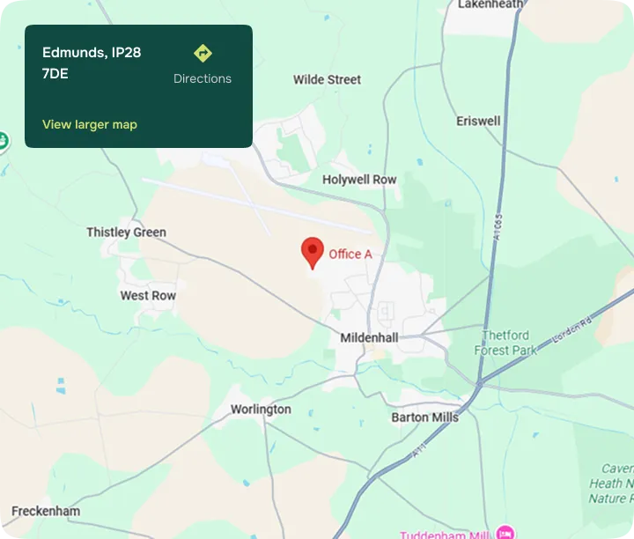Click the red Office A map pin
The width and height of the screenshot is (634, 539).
(312, 251)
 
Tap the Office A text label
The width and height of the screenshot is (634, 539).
(350, 255)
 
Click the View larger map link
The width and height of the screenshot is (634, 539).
(90, 124)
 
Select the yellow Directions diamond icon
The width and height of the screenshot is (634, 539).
(203, 54)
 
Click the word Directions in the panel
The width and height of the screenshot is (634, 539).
(203, 78)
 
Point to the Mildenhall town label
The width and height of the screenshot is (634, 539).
(369, 337)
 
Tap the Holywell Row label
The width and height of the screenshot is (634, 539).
(359, 180)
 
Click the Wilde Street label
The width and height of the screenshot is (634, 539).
(327, 79)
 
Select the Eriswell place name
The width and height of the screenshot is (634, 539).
(478, 121)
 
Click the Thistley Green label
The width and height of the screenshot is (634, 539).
(126, 233)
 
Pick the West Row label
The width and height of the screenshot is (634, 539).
(148, 296)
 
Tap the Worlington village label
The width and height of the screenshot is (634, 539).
(261, 410)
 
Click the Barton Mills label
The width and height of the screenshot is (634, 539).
(425, 417)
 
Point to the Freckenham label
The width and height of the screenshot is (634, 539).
(46, 511)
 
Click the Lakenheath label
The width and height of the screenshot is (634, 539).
(490, 5)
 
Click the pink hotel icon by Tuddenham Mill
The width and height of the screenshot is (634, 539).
(505, 532)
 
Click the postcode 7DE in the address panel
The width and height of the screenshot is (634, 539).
(55, 73)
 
